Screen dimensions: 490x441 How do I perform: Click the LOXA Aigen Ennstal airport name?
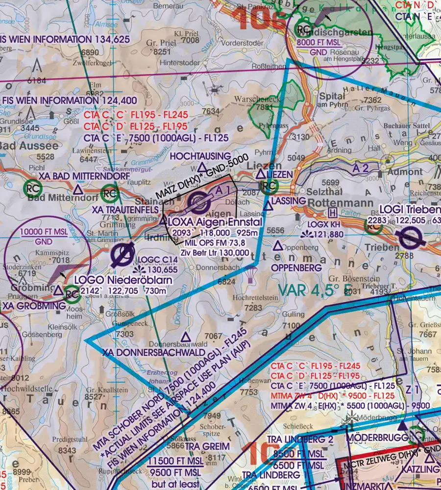point(215,222)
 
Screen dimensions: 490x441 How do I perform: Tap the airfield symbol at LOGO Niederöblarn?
point(119,254)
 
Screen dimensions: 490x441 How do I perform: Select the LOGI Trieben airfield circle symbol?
point(408,240)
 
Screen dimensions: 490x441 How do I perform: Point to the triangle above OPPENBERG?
point(278,245)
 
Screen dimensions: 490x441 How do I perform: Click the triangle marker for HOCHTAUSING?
point(202,167)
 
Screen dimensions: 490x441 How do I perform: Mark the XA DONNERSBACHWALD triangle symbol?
point(186,337)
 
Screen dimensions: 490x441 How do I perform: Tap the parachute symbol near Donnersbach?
point(251,275)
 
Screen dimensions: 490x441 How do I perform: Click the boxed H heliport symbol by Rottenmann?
point(333,213)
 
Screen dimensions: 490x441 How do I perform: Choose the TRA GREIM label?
point(208,446)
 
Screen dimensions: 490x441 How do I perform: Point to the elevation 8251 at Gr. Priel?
point(162,51)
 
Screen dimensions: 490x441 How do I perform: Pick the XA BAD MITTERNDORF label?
point(84,176)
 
